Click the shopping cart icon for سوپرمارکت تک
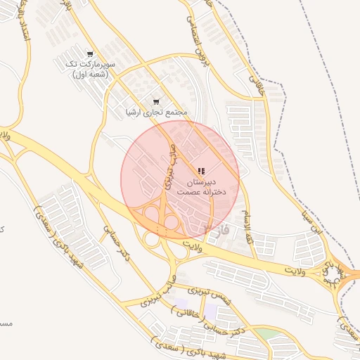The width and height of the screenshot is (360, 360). tap(89, 53)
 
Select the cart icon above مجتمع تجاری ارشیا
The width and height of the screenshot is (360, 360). tap(155, 102)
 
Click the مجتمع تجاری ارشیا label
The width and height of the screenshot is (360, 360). tap(155, 112)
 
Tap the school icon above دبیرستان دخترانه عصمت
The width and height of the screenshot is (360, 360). tap(201, 171)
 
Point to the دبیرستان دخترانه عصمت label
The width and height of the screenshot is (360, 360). tap(200, 186)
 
